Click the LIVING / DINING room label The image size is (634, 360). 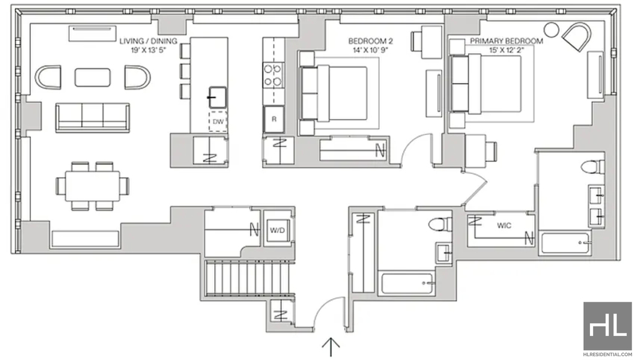[x=149, y=41]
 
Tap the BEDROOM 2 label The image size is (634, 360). [x=370, y=41]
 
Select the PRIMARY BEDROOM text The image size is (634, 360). [x=506, y=41]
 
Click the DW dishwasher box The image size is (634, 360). [x=218, y=121]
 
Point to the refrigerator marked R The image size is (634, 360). [x=274, y=120]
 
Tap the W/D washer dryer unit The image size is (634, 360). [x=277, y=230]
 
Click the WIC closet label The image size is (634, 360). [x=504, y=226]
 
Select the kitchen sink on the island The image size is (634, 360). [x=217, y=97]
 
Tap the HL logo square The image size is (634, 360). [x=607, y=326]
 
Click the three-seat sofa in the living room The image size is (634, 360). [x=93, y=117]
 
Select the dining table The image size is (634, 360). [x=93, y=186]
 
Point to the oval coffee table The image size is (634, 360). [x=93, y=77]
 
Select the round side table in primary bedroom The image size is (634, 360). [x=551, y=30]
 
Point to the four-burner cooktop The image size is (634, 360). [x=273, y=76]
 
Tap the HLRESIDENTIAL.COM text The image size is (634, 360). [x=607, y=354]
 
